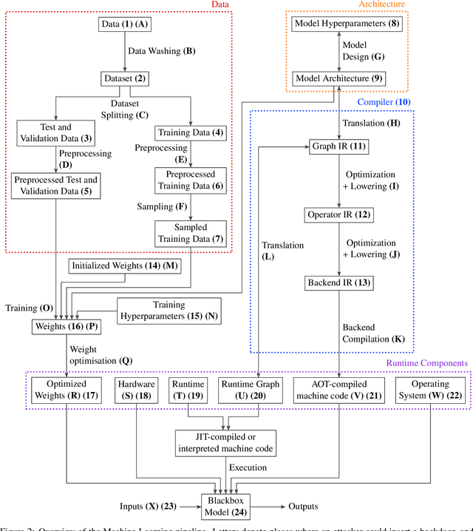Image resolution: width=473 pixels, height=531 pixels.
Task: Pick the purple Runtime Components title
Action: coord(427,363)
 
